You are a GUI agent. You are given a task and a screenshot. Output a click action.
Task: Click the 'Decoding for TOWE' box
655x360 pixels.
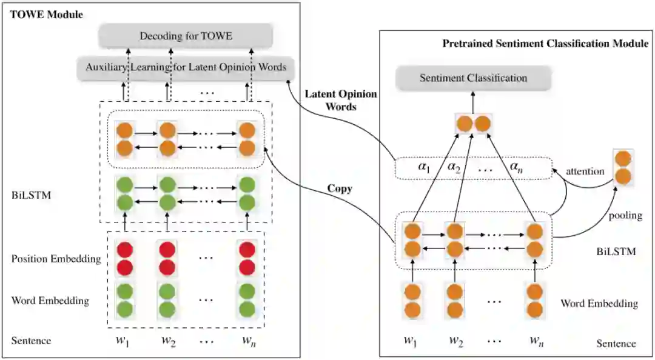pyautogui.click(x=186, y=36)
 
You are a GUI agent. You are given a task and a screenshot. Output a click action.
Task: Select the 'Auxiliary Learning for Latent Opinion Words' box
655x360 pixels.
pyautogui.click(x=182, y=67)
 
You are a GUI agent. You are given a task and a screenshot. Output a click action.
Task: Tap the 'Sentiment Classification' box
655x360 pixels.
pyautogui.click(x=474, y=78)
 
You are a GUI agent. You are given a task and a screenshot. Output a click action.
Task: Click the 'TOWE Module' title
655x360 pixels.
pyautogui.click(x=47, y=14)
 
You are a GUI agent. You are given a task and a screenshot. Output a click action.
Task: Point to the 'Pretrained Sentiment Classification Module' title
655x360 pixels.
pyautogui.click(x=545, y=44)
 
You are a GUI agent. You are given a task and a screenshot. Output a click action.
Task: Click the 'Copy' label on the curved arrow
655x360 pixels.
pyautogui.click(x=340, y=188)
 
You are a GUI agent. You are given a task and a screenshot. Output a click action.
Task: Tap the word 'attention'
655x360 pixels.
pyautogui.click(x=585, y=172)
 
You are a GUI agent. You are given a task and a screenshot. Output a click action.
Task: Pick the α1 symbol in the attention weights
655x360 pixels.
pyautogui.click(x=422, y=167)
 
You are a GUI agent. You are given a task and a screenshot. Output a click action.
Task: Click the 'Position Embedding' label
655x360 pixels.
pyautogui.click(x=56, y=259)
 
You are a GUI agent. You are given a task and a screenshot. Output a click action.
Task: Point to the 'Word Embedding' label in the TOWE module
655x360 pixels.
pyautogui.click(x=50, y=301)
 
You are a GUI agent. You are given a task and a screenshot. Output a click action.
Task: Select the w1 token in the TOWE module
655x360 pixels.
pyautogui.click(x=123, y=340)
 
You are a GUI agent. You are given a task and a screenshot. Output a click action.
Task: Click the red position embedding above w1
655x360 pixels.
pyautogui.click(x=124, y=258)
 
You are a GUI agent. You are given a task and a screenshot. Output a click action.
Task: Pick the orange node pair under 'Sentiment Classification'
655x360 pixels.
pyautogui.click(x=473, y=124)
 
